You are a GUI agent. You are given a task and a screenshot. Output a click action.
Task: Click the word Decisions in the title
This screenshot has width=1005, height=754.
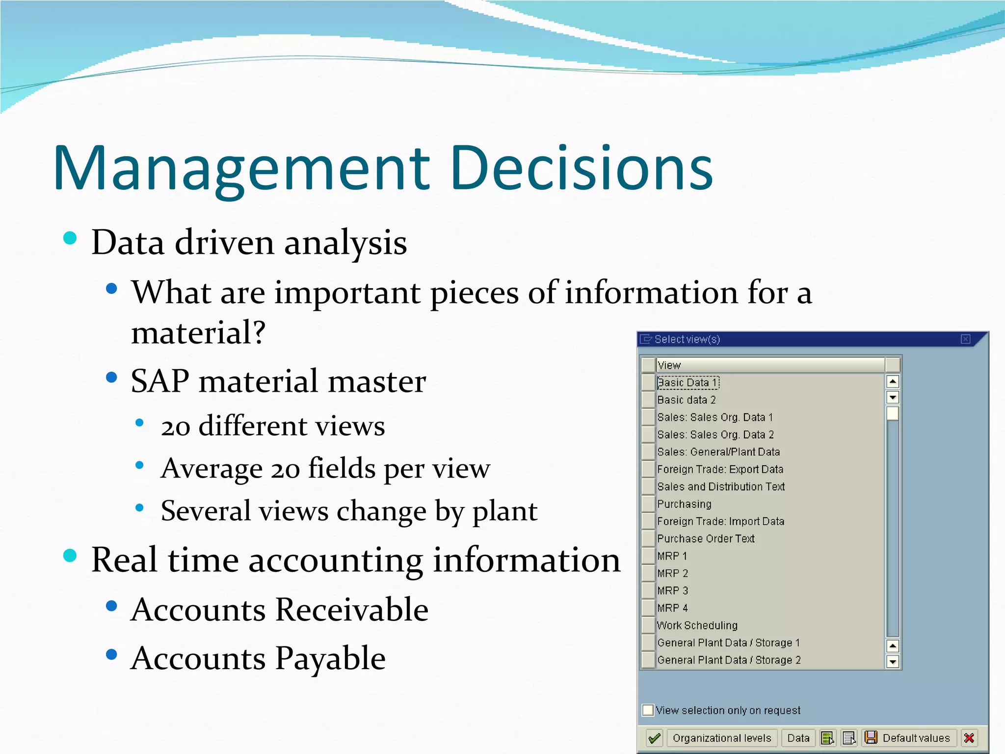(581, 168)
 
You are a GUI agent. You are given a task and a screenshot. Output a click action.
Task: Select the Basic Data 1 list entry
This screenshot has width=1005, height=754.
(688, 382)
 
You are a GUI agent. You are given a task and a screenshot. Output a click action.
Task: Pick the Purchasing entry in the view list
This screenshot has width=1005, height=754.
(684, 504)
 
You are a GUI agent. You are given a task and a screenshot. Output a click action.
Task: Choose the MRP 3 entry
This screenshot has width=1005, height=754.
(672, 591)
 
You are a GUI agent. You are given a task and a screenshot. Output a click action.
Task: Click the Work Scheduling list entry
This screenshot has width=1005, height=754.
(697, 625)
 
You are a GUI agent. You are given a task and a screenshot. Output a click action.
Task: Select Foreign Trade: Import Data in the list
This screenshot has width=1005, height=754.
(720, 521)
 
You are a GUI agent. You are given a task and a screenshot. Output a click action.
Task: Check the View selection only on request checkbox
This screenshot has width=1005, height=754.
(648, 710)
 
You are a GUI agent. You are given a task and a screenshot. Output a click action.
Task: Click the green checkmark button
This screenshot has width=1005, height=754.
(654, 738)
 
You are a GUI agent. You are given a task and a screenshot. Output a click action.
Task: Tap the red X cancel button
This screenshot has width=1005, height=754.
(969, 738)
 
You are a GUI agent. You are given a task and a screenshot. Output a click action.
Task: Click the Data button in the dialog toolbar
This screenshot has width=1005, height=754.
(798, 738)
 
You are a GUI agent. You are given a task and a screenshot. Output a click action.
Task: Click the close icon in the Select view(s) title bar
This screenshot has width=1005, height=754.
(965, 339)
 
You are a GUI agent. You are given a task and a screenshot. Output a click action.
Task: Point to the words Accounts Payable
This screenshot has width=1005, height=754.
(258, 659)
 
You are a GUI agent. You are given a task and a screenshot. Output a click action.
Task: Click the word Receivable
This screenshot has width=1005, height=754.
(351, 610)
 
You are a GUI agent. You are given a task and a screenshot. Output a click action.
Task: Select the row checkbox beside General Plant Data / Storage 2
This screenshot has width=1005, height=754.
(649, 660)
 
